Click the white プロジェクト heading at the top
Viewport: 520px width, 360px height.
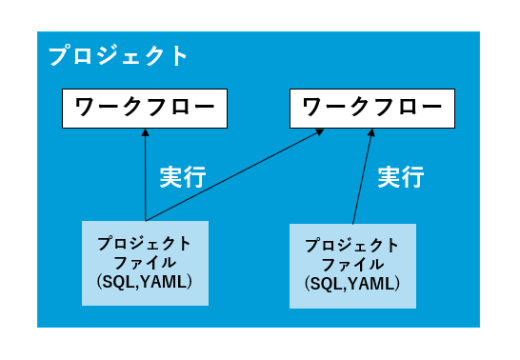point(119,55)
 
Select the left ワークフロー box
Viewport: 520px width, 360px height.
point(145,108)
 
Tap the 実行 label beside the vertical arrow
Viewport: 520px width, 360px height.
point(182,177)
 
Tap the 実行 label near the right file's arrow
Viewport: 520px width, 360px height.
point(401,177)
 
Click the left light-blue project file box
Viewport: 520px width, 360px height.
point(145,263)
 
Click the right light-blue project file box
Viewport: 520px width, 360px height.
point(352,267)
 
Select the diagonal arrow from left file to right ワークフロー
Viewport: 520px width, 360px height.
point(233,174)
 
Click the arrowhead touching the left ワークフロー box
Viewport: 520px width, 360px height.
point(145,133)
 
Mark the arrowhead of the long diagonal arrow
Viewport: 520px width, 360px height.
point(317,132)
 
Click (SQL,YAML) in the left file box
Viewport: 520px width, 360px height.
point(145,283)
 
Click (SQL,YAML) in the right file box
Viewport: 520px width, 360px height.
point(352,285)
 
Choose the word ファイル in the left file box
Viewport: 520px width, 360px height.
point(145,263)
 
